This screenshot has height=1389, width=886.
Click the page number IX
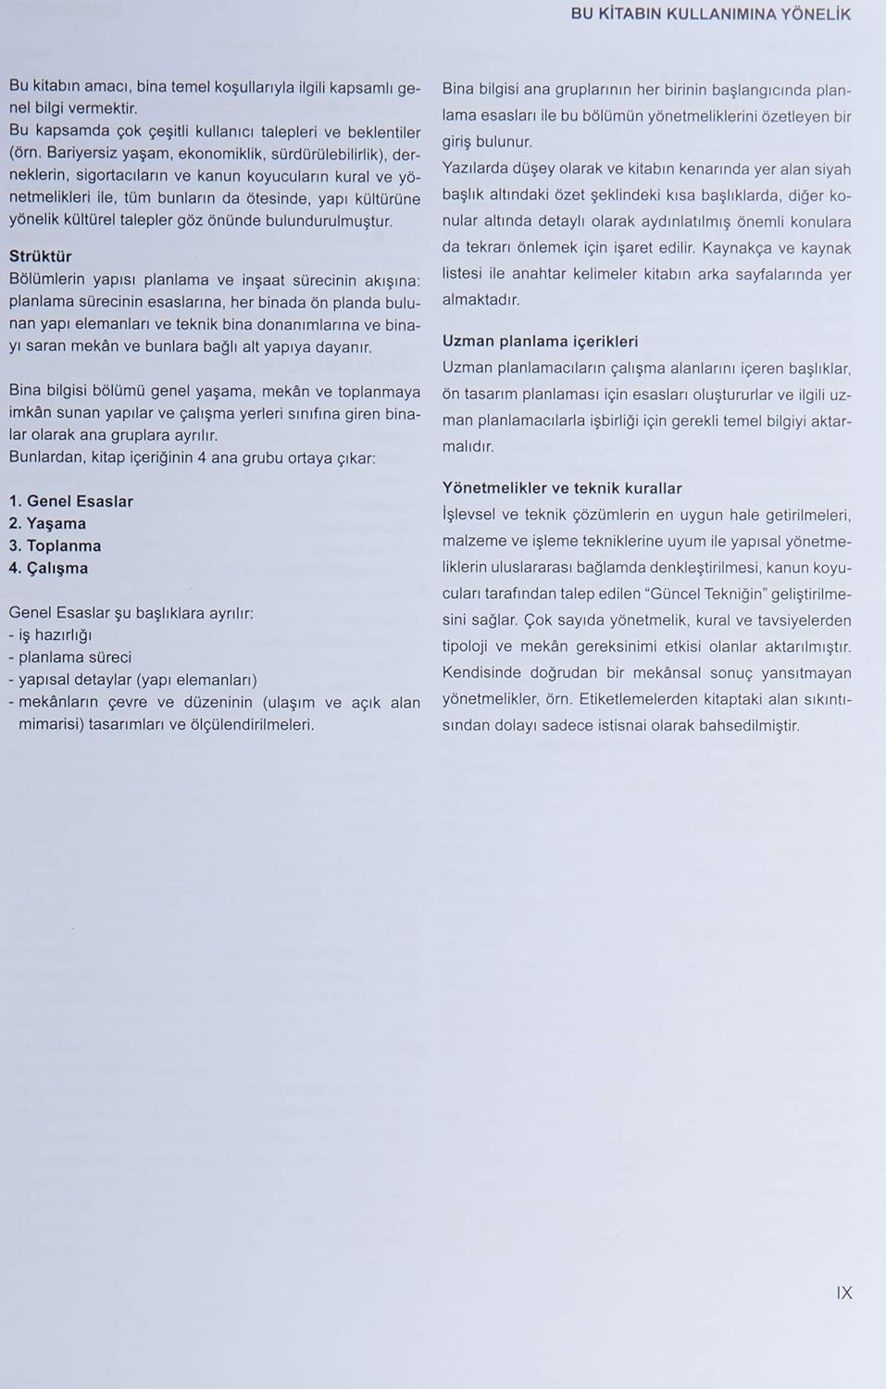click(843, 1293)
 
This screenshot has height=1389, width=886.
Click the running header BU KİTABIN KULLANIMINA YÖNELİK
click(710, 14)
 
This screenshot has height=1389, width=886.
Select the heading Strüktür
click(40, 257)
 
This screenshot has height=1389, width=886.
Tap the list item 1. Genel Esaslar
click(71, 501)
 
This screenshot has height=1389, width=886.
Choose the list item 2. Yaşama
click(47, 523)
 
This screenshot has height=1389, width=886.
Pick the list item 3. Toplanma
click(55, 545)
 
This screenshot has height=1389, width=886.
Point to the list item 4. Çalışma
click(48, 568)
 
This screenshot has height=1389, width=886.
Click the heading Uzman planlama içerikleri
click(540, 341)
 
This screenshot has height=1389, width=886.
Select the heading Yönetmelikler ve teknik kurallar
click(562, 488)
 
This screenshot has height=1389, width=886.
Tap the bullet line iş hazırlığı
click(55, 635)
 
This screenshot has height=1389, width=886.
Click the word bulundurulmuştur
click(329, 221)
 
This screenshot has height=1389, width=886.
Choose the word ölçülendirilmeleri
click(252, 725)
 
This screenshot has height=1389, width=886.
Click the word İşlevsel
click(470, 515)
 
